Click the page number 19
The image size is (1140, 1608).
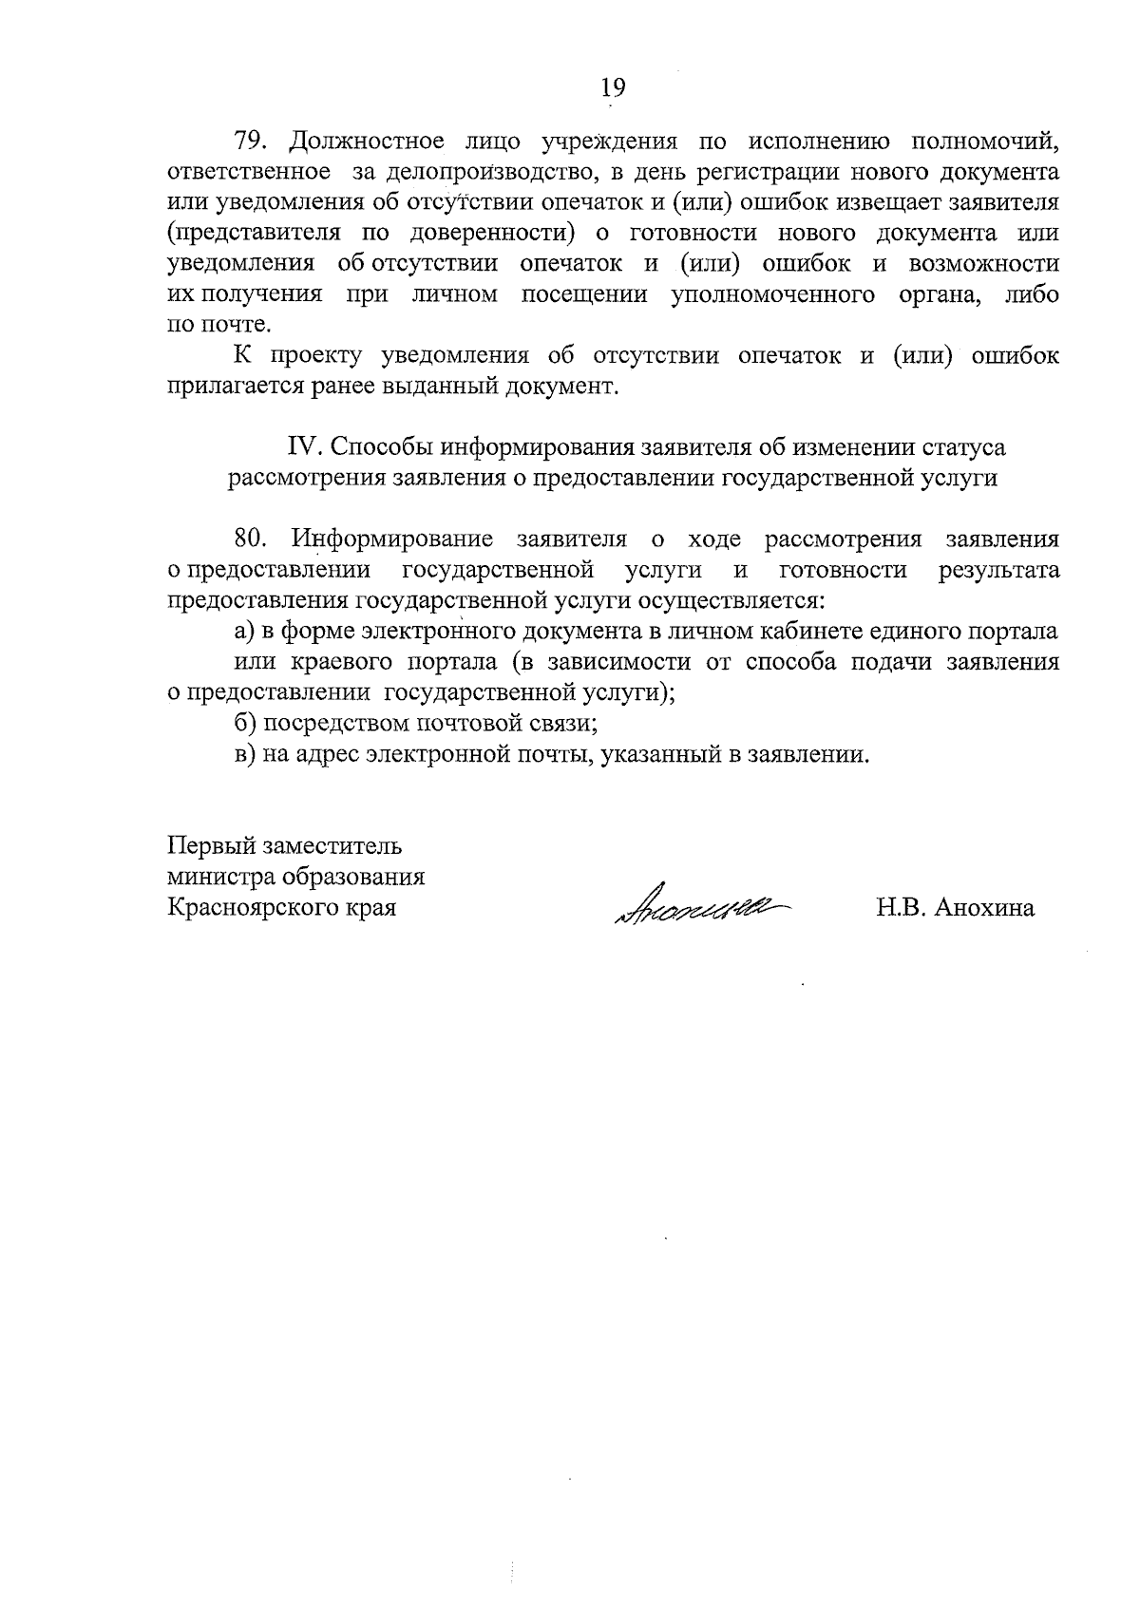click(x=613, y=87)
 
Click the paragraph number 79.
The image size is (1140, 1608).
click(x=253, y=142)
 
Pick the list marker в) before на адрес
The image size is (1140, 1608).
click(x=246, y=755)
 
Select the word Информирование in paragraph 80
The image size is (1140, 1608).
click(x=392, y=539)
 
